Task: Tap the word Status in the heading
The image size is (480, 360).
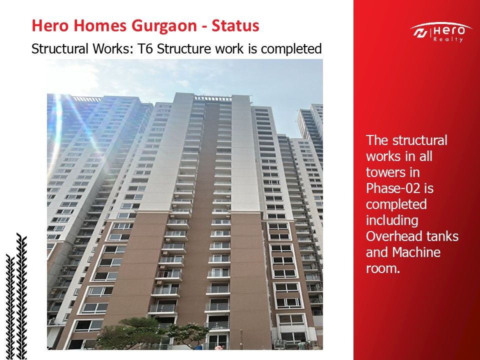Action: [235, 25]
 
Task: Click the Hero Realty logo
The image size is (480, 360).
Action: [440, 32]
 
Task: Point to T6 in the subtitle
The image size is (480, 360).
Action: [145, 49]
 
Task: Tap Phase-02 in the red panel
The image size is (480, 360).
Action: [393, 188]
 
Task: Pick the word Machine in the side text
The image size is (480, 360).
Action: [416, 252]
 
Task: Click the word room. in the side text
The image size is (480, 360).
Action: [383, 269]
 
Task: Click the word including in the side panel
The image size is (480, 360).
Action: [392, 220]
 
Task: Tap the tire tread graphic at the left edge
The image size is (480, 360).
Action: [16, 296]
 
